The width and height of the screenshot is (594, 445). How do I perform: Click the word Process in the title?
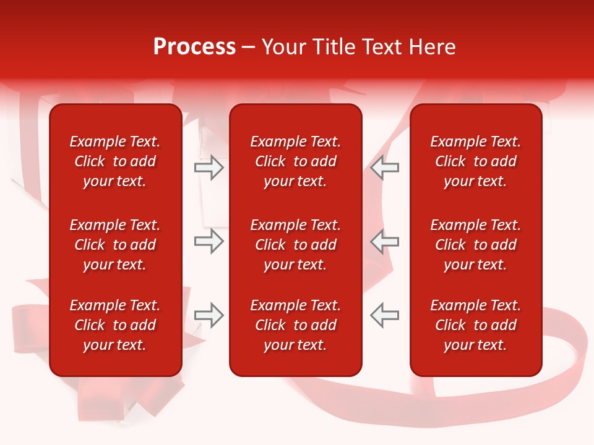(194, 47)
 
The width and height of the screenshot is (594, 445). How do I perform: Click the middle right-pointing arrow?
(209, 242)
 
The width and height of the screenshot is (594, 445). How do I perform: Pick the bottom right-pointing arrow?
(209, 315)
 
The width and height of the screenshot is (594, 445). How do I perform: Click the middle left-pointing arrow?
(384, 242)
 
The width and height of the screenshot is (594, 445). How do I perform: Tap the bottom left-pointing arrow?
(384, 315)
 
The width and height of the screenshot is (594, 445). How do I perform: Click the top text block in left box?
(115, 161)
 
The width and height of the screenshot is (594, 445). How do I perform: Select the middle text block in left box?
(115, 245)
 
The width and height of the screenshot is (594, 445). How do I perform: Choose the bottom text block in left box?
(115, 325)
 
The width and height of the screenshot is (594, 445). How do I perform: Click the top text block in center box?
(296, 161)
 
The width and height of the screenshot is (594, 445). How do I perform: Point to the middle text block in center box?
(296, 245)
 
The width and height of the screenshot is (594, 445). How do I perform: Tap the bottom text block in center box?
(296, 325)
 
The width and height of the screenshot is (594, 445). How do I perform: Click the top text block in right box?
(476, 161)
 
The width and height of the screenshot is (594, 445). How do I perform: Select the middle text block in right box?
(476, 245)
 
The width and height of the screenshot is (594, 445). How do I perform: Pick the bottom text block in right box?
(476, 325)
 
